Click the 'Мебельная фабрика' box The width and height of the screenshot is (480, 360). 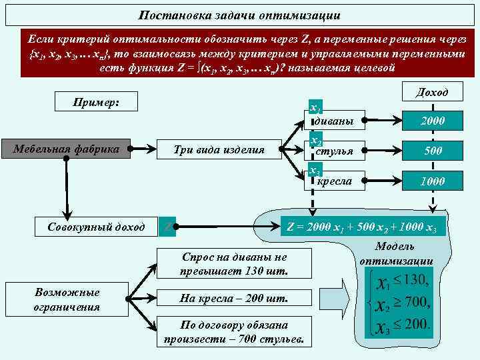[x=66, y=149]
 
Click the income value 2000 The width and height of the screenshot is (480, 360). [x=433, y=121]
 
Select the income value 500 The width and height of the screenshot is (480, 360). [x=433, y=151]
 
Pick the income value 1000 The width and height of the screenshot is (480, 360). [x=433, y=181]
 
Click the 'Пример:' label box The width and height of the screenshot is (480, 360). [x=96, y=102]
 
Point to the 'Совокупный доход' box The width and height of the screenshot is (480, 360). [x=96, y=227]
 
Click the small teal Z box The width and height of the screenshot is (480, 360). [x=168, y=227]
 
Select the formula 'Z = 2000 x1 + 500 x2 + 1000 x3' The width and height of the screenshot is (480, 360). [x=361, y=227]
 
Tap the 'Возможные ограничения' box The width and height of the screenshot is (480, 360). [x=66, y=299]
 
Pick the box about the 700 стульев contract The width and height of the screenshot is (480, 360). [x=233, y=332]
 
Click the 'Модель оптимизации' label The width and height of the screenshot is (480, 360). [x=396, y=254]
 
